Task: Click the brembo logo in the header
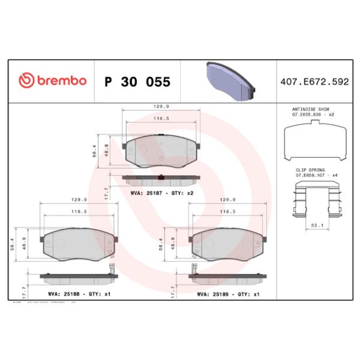pos(52,81)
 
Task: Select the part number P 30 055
pos(137,81)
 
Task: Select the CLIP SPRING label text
pos(310,170)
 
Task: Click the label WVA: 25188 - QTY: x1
pos(79,294)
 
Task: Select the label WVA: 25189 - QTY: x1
pos(228,294)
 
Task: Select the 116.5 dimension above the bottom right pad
pos(227,212)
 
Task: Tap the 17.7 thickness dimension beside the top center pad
pos(106,191)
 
